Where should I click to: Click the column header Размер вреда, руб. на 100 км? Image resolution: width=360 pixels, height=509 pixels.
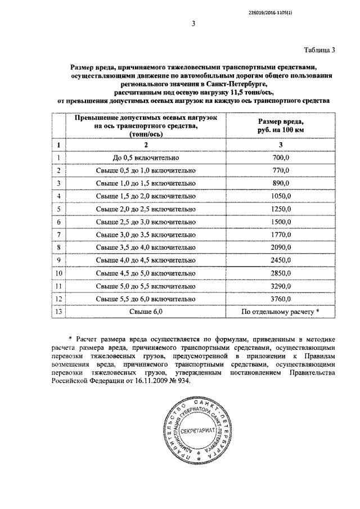pyautogui.click(x=281, y=126)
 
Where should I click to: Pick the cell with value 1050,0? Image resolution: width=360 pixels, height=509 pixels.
pyautogui.click(x=280, y=196)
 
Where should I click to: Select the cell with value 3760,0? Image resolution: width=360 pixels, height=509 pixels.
pyautogui.click(x=280, y=299)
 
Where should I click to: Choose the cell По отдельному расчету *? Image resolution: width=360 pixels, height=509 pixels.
pyautogui.click(x=280, y=312)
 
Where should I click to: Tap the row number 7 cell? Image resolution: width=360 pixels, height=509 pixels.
pyautogui.click(x=58, y=235)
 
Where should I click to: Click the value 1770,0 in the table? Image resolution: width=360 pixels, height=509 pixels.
pyautogui.click(x=280, y=235)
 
